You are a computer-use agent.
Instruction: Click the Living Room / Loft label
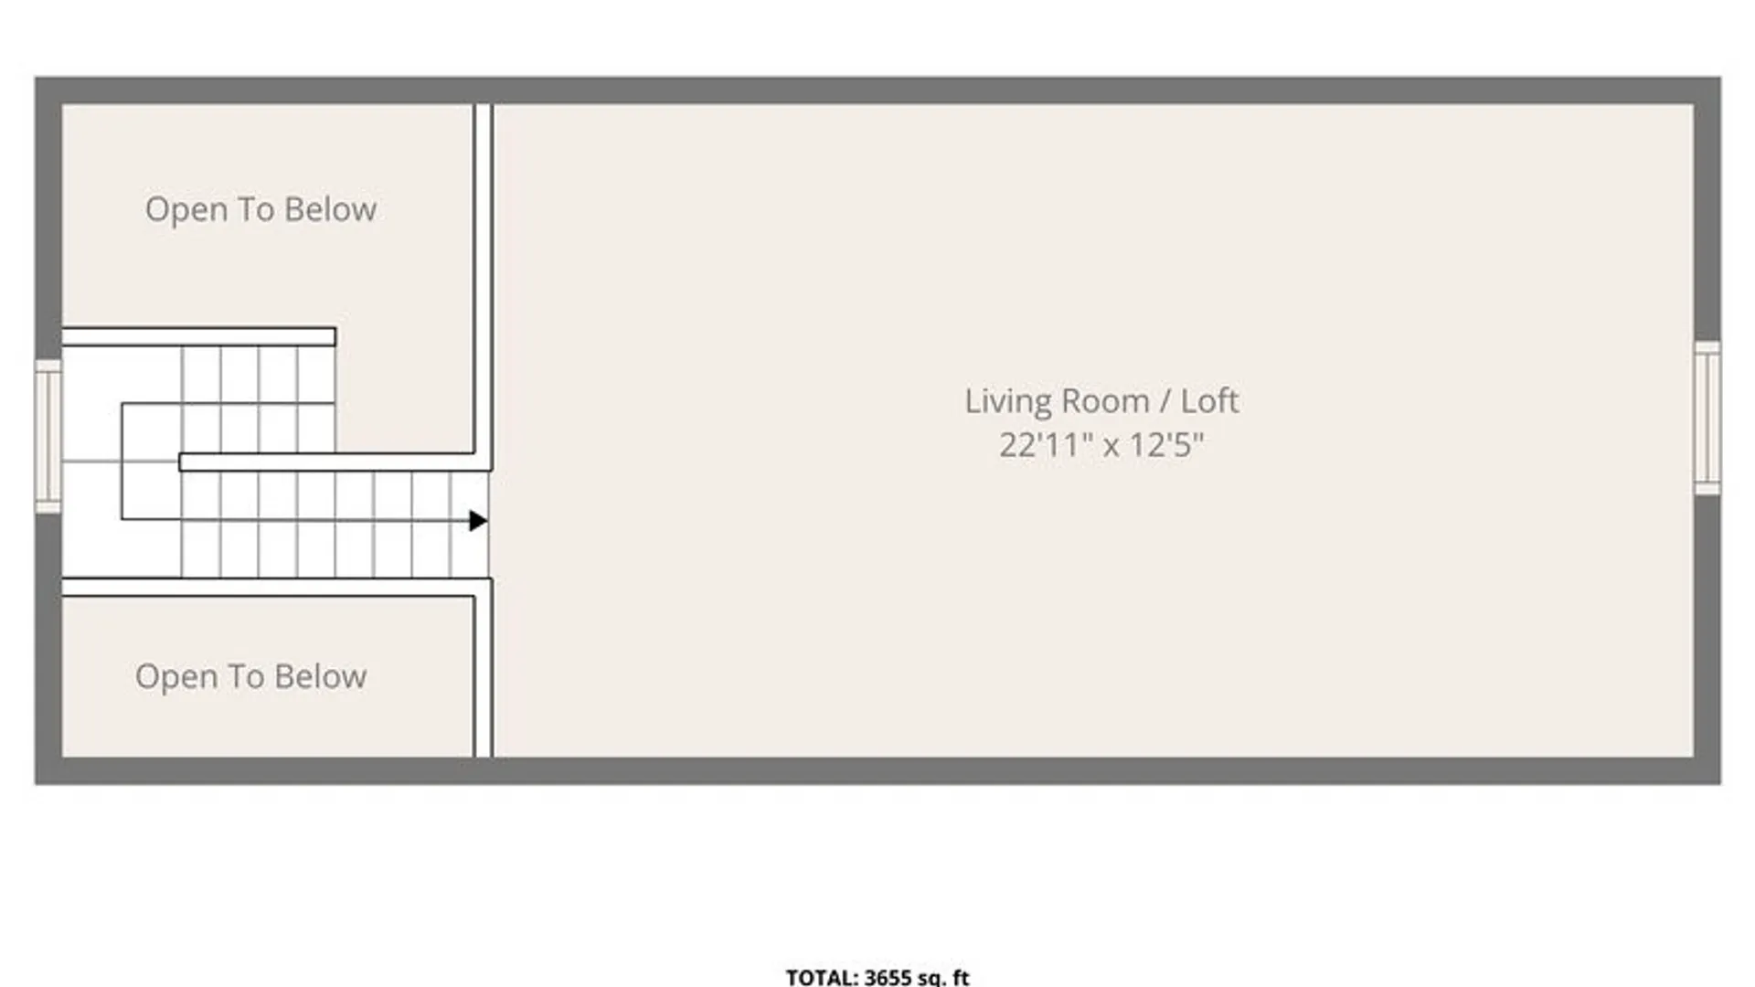point(1101,401)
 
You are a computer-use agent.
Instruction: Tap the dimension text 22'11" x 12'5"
point(1101,445)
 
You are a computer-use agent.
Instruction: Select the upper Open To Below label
point(261,210)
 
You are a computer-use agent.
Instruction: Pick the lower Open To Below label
point(250,677)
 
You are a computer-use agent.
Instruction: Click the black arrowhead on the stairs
point(478,521)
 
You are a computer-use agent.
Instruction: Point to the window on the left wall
point(48,436)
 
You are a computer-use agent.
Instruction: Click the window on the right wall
point(1707,418)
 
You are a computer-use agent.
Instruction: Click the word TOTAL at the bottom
point(821,977)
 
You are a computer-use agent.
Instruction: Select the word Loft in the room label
point(1209,401)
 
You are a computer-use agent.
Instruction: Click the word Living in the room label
point(1008,402)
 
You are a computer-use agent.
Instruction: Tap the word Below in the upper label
point(330,209)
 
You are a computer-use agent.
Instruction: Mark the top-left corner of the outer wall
point(36,77)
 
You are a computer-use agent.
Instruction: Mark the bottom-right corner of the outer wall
point(1720,783)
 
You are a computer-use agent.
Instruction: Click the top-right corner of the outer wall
point(1720,77)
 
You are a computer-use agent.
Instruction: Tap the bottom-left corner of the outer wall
point(36,783)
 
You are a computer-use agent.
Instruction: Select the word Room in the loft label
point(1105,401)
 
